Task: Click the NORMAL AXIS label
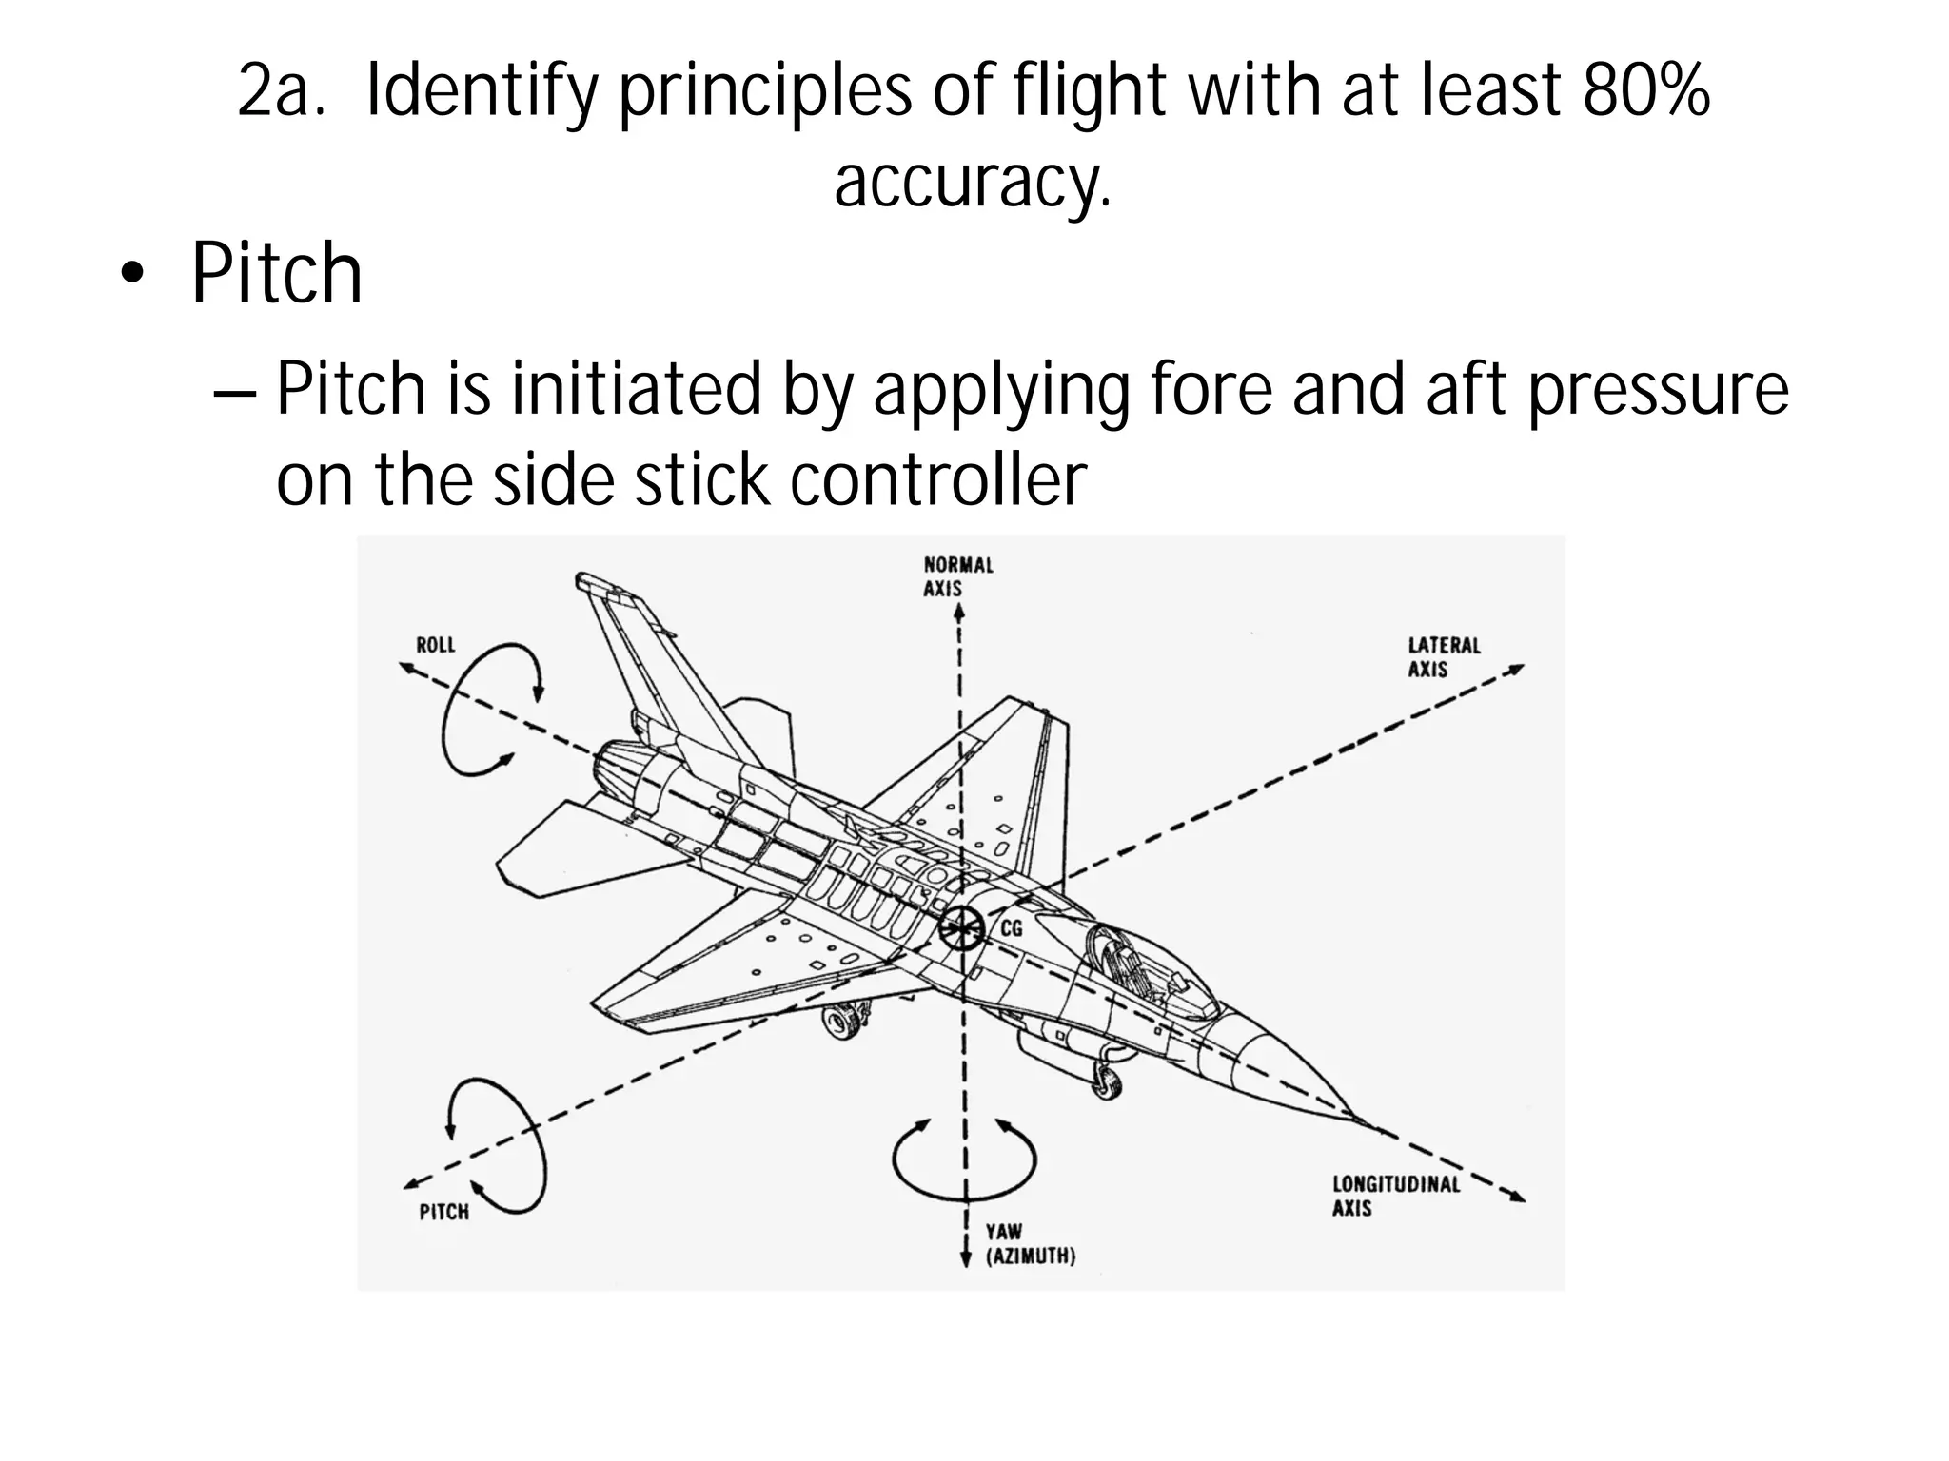(x=957, y=576)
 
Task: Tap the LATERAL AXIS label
(x=1444, y=657)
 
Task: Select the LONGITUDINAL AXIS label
(x=1395, y=1196)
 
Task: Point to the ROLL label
(x=436, y=645)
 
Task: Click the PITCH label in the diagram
(x=443, y=1212)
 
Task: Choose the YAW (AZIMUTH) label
(x=1030, y=1244)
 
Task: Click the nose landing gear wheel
(x=1106, y=1081)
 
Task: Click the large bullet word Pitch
(x=276, y=274)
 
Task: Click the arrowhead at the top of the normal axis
(x=959, y=613)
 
